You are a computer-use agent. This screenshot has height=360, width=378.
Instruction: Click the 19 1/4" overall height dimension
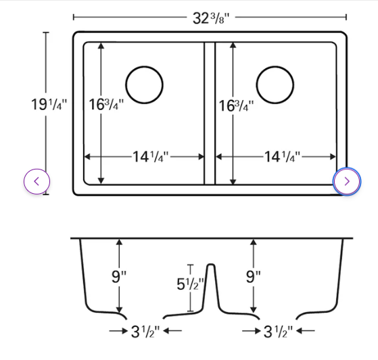click(49, 105)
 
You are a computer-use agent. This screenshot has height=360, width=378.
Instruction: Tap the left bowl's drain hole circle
click(144, 85)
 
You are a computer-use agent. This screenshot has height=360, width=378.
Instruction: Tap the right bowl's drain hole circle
click(275, 85)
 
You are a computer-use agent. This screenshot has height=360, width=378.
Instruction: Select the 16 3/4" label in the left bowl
click(106, 105)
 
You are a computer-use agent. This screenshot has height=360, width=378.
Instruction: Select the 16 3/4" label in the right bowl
click(236, 105)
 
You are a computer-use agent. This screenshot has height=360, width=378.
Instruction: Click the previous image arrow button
click(37, 181)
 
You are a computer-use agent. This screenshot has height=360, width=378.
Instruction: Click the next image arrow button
click(347, 181)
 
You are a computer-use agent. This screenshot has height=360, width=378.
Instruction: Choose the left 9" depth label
click(118, 276)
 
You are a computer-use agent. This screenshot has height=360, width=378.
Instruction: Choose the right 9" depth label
click(254, 276)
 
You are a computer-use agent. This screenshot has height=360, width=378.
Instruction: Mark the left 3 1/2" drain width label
click(146, 331)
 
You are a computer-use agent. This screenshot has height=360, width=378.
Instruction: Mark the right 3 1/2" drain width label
click(278, 331)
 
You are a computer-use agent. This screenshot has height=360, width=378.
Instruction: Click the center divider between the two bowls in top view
click(210, 113)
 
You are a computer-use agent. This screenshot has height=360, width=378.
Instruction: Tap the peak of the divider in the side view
click(210, 265)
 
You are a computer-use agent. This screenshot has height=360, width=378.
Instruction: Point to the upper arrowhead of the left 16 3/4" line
click(101, 46)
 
